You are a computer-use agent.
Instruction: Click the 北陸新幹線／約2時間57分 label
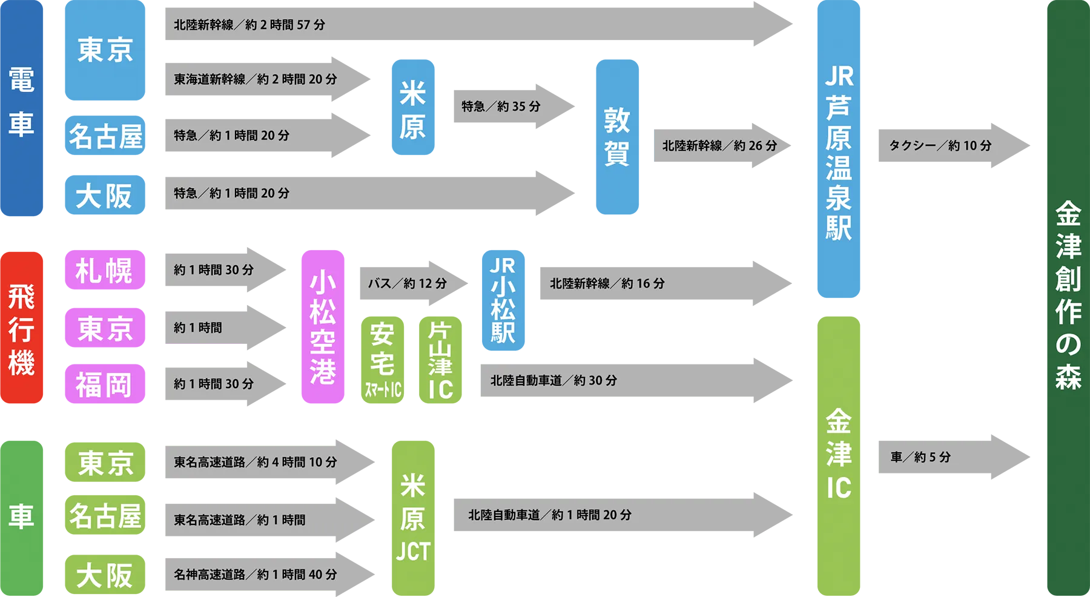click(x=249, y=25)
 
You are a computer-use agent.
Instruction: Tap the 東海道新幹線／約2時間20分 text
click(x=255, y=79)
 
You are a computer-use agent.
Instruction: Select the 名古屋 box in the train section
click(x=106, y=136)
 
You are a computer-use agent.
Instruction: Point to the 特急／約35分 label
click(x=501, y=107)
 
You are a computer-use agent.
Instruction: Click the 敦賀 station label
click(x=616, y=137)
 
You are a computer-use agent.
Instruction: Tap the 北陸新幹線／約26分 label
click(x=719, y=146)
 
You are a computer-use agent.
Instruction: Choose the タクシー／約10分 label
click(x=940, y=146)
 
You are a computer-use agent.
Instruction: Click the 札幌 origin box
click(x=104, y=270)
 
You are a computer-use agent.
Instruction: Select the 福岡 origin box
click(x=104, y=384)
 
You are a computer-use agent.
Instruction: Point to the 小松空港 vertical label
click(x=322, y=327)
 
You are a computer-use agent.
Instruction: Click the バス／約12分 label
click(x=408, y=283)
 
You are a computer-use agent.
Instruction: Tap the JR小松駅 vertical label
click(x=503, y=300)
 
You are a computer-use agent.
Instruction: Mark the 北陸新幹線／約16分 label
click(x=607, y=283)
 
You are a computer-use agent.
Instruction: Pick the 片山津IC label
click(x=440, y=360)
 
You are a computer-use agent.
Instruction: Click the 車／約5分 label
click(x=920, y=457)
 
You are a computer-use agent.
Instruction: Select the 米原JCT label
click(x=413, y=518)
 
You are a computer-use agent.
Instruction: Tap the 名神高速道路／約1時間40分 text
click(x=255, y=574)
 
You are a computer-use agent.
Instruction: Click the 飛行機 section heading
click(x=21, y=330)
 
